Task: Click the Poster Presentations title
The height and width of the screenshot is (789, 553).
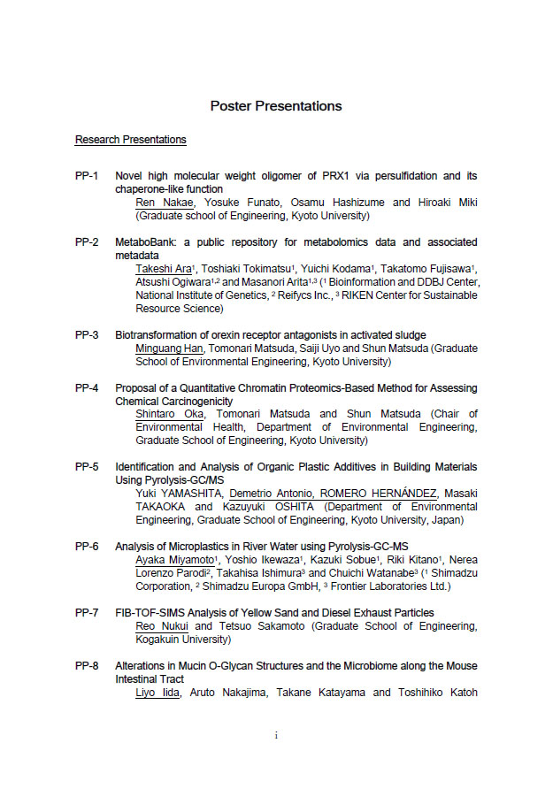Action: [x=276, y=106]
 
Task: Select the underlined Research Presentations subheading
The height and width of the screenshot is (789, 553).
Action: [x=131, y=140]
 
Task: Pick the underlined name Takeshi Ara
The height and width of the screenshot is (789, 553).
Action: [x=165, y=269]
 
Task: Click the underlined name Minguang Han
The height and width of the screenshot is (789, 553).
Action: [x=169, y=349]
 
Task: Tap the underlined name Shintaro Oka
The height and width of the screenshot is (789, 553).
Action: [x=169, y=415]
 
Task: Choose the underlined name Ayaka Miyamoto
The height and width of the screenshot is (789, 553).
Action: [x=174, y=560]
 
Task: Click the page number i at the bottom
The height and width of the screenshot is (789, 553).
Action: [x=276, y=734]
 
